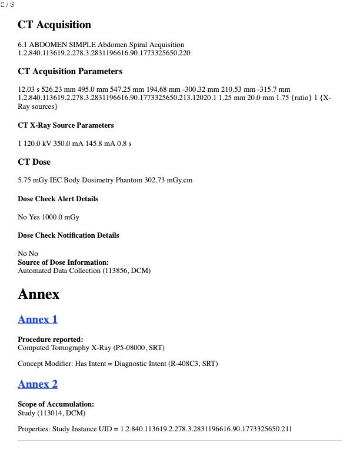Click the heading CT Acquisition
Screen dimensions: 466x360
(55, 25)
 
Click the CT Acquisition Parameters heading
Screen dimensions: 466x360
(70, 71)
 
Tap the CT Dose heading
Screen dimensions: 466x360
(34, 162)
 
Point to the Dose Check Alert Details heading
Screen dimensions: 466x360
(58, 199)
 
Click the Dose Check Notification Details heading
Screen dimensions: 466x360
(68, 235)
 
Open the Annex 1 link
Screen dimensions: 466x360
(38, 319)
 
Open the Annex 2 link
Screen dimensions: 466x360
(38, 384)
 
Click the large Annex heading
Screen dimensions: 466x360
(39, 294)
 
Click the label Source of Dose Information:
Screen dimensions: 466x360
(63, 262)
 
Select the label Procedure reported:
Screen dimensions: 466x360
(50, 339)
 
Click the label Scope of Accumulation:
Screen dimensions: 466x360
(56, 404)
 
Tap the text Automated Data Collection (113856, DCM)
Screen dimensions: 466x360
(84, 271)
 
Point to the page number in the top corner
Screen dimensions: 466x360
(7, 5)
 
